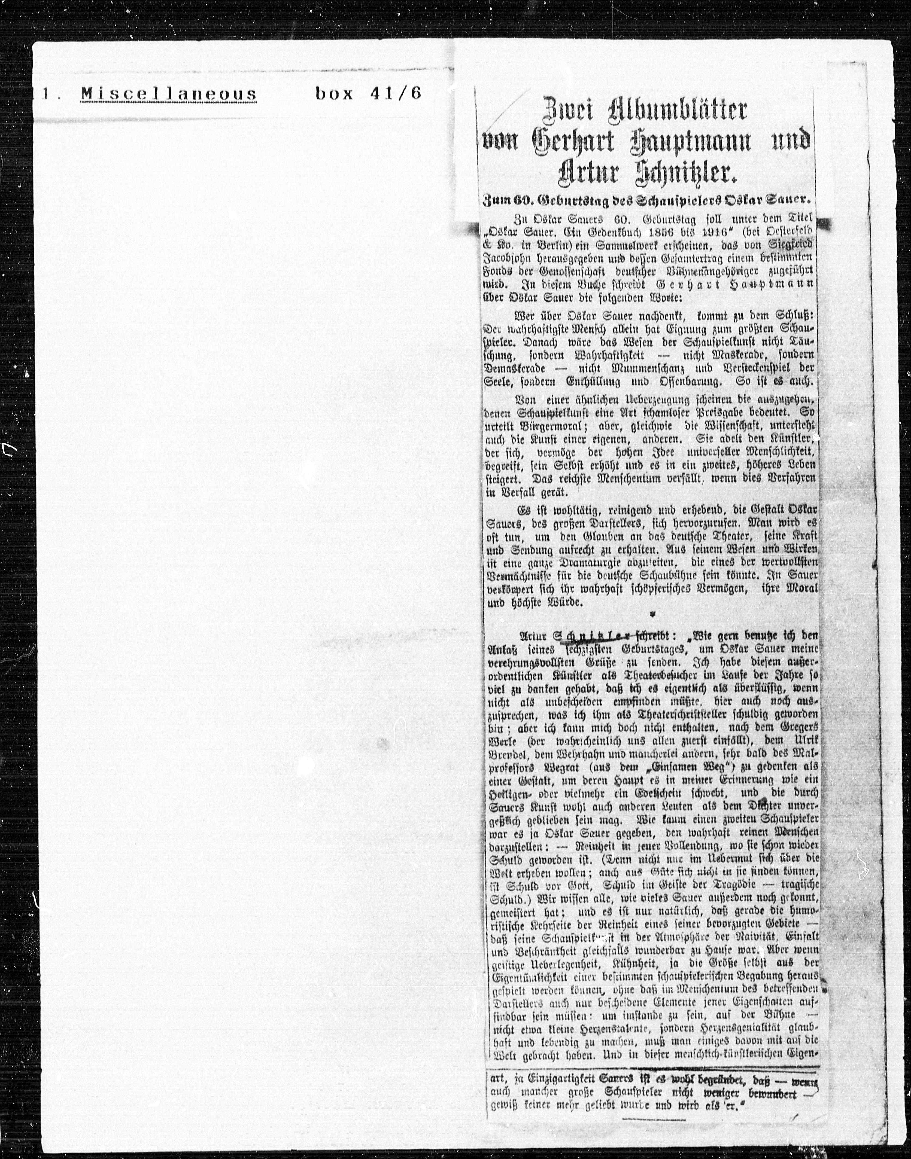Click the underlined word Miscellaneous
point(169,94)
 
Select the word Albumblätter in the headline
point(670,110)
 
